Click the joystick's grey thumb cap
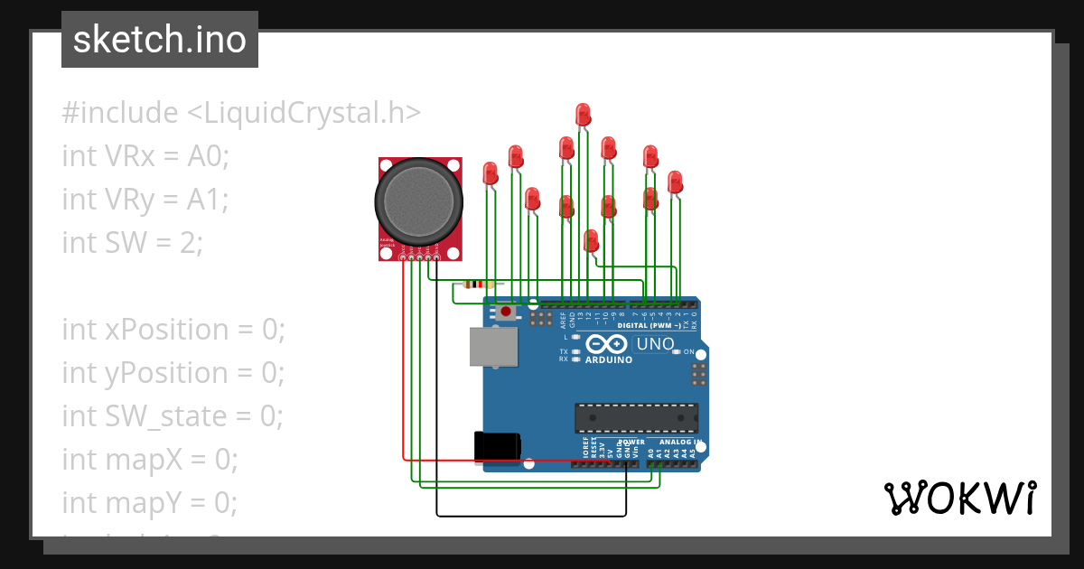coord(419,203)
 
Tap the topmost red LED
coord(583,114)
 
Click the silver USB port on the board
coord(493,346)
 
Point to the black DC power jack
coord(497,446)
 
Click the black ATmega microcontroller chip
coord(636,417)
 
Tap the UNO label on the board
coord(655,344)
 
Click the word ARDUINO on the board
coord(608,359)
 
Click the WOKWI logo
coord(958,498)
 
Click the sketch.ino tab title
coord(160,40)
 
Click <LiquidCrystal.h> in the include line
coord(304,113)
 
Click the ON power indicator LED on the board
coord(677,351)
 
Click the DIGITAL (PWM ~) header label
coord(650,325)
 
